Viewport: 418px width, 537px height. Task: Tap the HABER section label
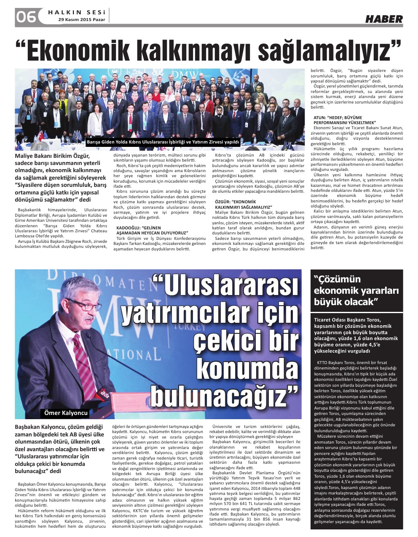coord(383,19)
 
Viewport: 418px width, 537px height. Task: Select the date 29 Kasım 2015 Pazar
coord(82,20)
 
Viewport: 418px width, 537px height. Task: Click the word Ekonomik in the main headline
coord(80,51)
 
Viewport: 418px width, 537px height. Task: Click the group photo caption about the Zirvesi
coord(163,142)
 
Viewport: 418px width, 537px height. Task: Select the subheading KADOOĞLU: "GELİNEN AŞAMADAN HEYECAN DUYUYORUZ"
coord(152,230)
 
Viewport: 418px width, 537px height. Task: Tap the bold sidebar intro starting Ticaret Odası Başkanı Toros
coord(356,335)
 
